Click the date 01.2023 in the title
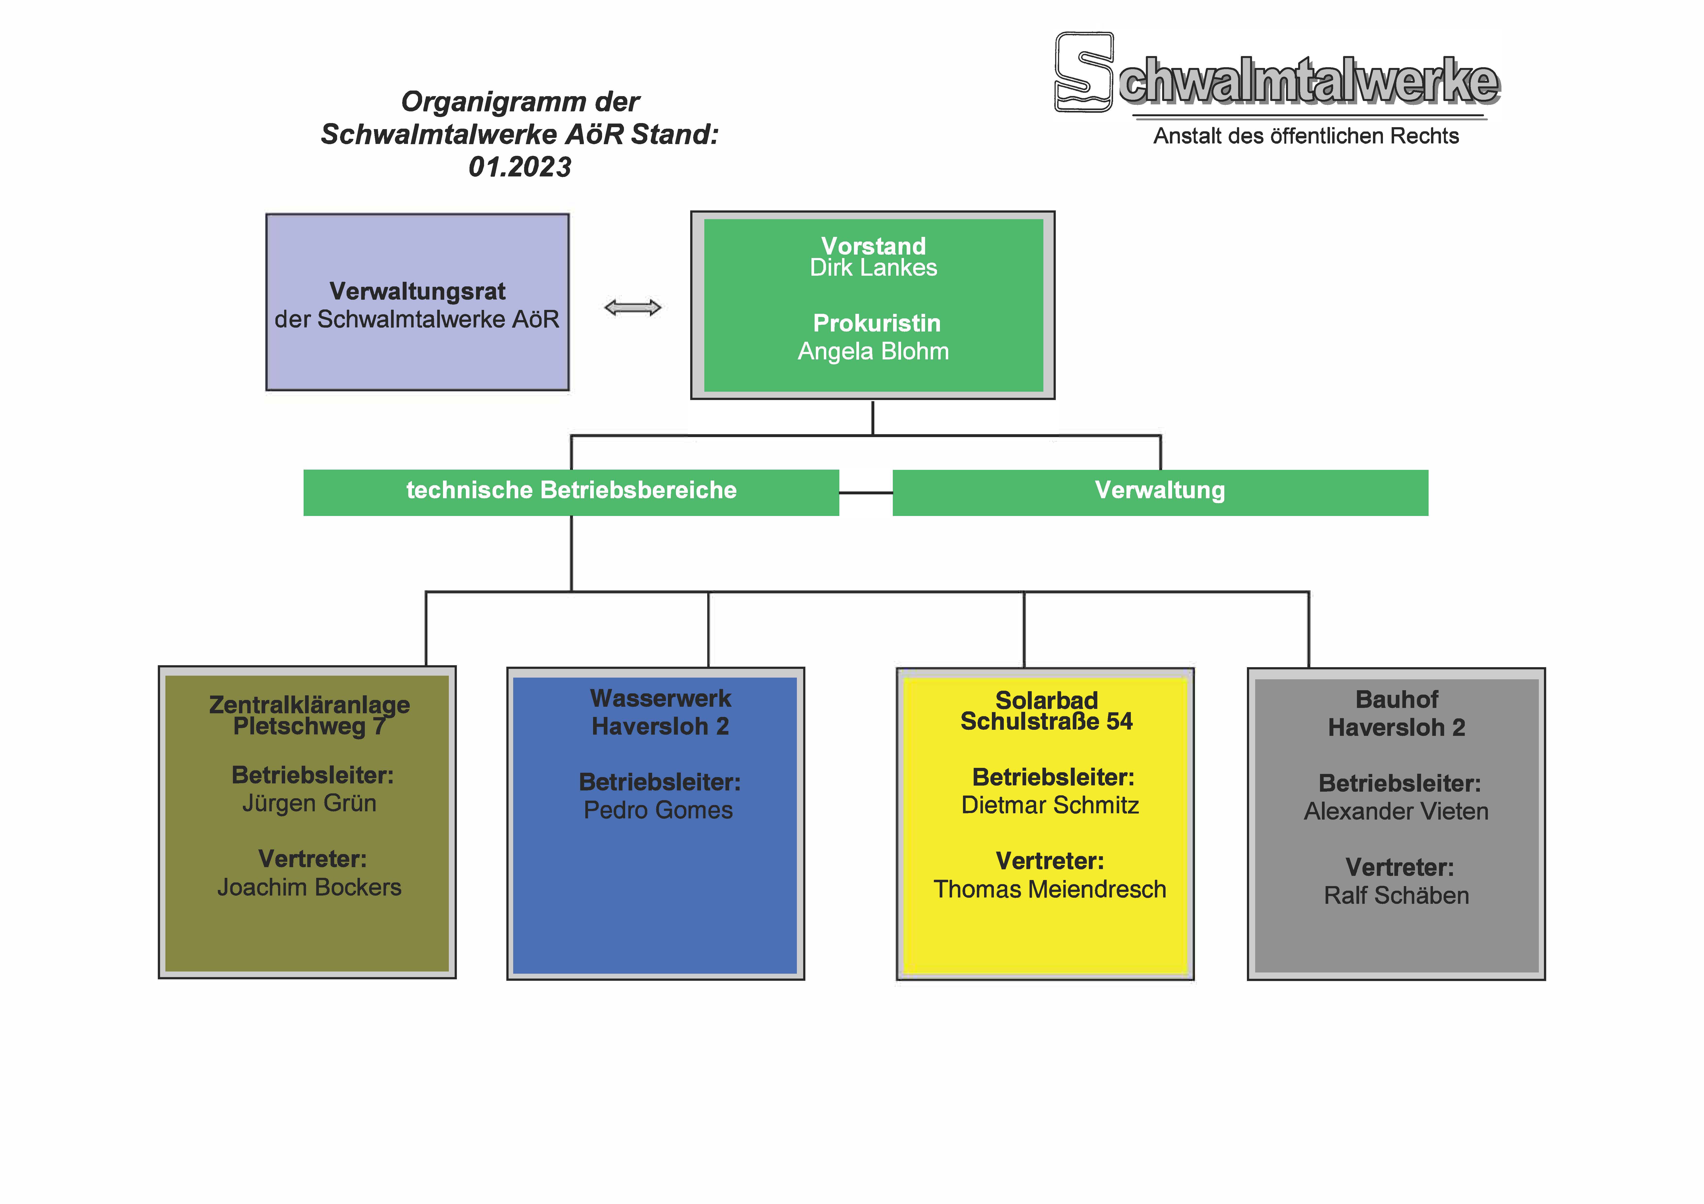coord(520,167)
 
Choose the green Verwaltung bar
coord(1160,493)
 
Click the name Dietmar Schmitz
coord(1049,805)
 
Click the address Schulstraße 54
coord(1047,721)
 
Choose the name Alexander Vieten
coord(1396,812)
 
